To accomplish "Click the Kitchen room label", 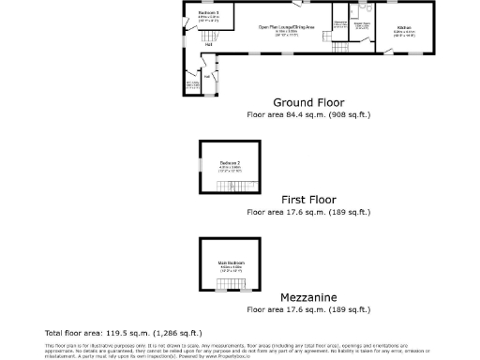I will point(403,28).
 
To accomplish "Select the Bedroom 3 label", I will point(209,13).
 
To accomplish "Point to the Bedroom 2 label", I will point(230,164).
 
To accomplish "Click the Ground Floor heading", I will point(308,102).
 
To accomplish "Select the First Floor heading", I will point(308,200).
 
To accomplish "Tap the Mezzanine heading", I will point(308,296).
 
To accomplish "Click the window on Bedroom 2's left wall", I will point(200,167).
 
